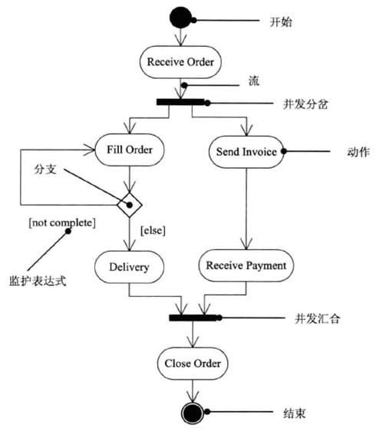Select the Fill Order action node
click(x=130, y=149)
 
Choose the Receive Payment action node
click(x=246, y=266)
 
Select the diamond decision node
click(x=130, y=205)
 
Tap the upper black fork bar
click(x=180, y=102)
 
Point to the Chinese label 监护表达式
click(x=38, y=280)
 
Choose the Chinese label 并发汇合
click(x=316, y=317)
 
